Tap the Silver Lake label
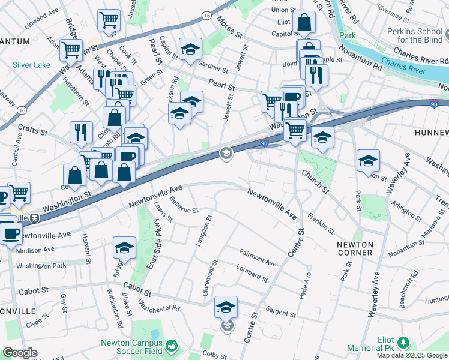32,64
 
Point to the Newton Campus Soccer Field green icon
172,346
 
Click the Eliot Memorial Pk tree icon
404,343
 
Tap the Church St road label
315,181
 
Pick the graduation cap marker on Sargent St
226,307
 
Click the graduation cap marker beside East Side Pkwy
124,247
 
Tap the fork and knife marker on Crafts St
81,132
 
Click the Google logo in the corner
20,353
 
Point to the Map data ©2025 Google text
412,355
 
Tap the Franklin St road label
321,222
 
